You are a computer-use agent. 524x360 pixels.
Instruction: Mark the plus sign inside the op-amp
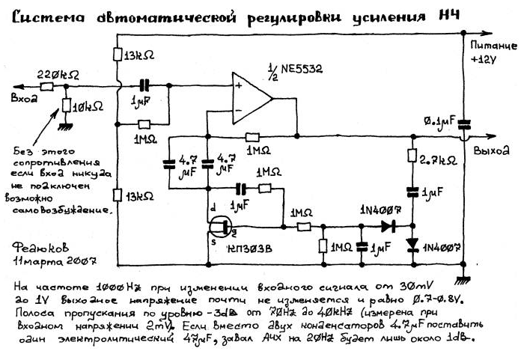(x=238, y=87)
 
